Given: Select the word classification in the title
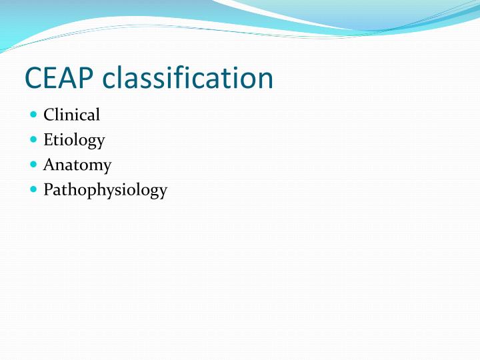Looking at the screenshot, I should coord(188,78).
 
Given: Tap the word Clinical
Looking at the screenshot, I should coord(71,115).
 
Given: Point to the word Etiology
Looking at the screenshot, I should coord(74,140).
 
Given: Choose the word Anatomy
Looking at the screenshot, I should coord(77,165).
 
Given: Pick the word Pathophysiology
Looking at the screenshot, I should coord(105,190).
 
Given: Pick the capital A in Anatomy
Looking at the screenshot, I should coord(49,164).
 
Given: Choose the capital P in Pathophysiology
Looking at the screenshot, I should coord(48,189).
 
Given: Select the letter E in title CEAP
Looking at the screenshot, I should coord(51,78).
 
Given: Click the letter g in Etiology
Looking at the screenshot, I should coord(90,142).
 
